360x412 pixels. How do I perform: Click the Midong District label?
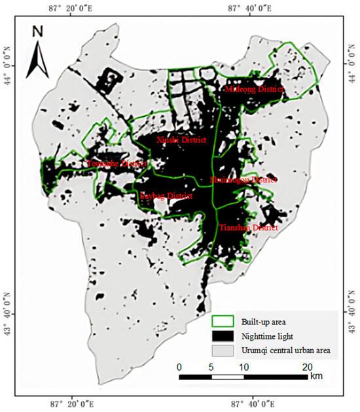(x=254, y=89)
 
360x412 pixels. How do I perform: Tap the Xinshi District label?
(x=181, y=140)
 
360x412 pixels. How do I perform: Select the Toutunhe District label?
(x=117, y=163)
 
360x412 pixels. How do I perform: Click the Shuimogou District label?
(x=243, y=179)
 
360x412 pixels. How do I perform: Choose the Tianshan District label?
(x=248, y=228)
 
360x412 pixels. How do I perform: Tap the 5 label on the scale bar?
(x=211, y=367)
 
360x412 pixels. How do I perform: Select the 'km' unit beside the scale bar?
(x=316, y=377)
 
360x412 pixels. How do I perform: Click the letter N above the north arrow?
(x=37, y=31)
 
